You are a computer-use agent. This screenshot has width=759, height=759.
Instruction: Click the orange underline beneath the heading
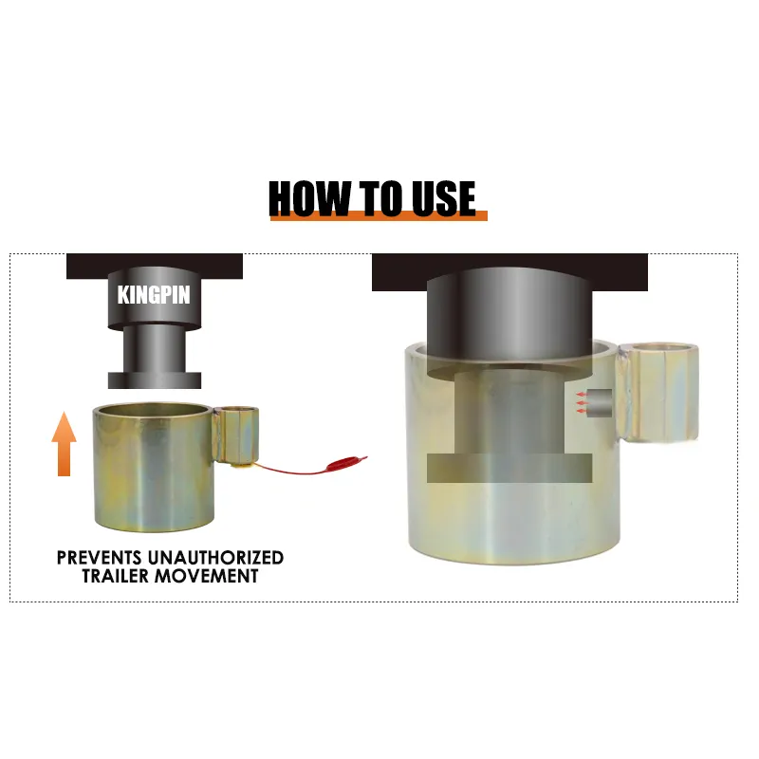379,216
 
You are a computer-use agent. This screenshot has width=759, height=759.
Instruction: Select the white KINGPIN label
154,295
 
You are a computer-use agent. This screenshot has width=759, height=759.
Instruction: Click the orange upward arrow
64,443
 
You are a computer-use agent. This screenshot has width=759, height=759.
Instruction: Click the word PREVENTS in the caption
100,558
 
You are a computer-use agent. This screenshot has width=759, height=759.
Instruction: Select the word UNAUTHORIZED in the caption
216,558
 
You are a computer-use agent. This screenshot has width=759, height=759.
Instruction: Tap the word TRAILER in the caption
116,576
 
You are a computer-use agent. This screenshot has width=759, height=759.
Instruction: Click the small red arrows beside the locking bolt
582,402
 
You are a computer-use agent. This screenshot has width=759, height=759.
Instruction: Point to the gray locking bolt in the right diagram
601,403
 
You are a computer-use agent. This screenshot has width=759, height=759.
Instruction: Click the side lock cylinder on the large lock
658,392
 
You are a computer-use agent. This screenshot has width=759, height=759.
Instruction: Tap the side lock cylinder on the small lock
235,435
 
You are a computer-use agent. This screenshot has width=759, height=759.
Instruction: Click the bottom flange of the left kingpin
155,380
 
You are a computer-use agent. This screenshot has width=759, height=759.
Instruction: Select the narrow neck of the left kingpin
155,348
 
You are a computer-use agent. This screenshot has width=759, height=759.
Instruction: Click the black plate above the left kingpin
155,266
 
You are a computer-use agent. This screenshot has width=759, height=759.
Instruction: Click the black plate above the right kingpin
509,271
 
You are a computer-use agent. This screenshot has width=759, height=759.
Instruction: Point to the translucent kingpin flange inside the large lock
509,468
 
